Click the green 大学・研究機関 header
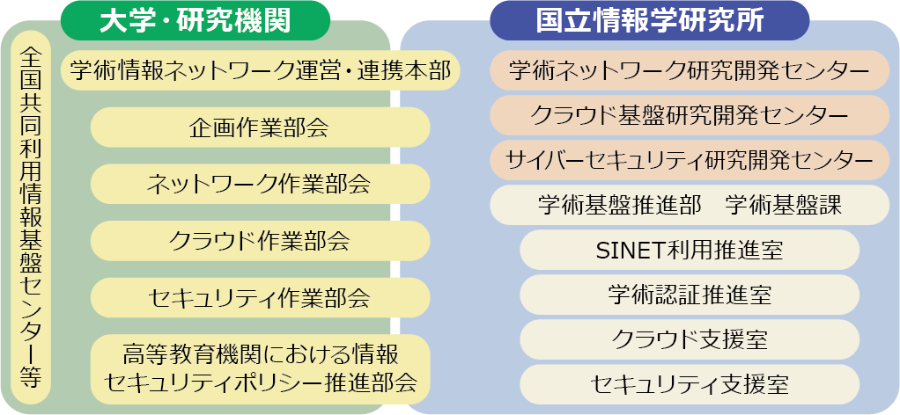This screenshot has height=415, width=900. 195,20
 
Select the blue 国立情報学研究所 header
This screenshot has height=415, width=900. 649,20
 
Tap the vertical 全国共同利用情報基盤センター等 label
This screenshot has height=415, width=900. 31,217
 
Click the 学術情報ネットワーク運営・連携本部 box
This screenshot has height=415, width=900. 260,70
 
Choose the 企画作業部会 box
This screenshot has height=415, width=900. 260,127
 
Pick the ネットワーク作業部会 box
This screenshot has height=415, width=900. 260,184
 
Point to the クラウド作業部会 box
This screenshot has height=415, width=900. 260,241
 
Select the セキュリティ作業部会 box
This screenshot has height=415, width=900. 260,297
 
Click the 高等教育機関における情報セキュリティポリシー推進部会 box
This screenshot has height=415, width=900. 260,369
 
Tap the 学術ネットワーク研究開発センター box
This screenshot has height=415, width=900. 690,70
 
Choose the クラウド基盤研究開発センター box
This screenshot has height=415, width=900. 690,115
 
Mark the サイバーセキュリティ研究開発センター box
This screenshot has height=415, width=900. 690,160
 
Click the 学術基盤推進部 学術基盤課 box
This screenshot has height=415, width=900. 690,205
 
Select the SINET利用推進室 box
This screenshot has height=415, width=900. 690,250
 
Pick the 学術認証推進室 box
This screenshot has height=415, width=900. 690,295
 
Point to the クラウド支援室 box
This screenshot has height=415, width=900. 690,339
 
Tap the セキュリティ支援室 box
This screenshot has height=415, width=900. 690,384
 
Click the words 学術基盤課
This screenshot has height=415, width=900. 783,205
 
